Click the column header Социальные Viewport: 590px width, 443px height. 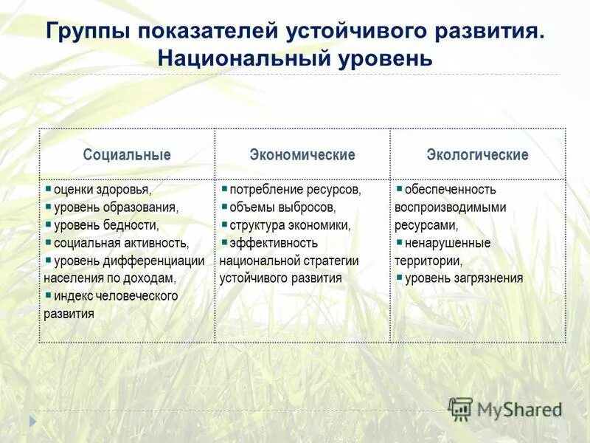click(x=127, y=155)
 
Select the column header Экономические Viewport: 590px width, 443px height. click(x=302, y=155)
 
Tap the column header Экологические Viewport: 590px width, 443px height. click(x=477, y=155)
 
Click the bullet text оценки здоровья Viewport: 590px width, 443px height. click(x=103, y=190)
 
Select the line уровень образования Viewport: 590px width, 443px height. click(x=116, y=207)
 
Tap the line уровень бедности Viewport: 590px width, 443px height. click(x=106, y=225)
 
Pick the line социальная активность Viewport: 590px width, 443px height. click(x=121, y=243)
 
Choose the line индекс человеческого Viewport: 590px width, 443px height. click(x=116, y=296)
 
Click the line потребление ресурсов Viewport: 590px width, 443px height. click(x=295, y=190)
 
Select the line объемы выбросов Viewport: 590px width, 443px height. click(x=282, y=207)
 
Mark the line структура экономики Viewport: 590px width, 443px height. click(x=290, y=225)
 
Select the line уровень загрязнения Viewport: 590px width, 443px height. click(x=464, y=278)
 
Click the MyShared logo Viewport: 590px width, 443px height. click(x=506, y=409)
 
